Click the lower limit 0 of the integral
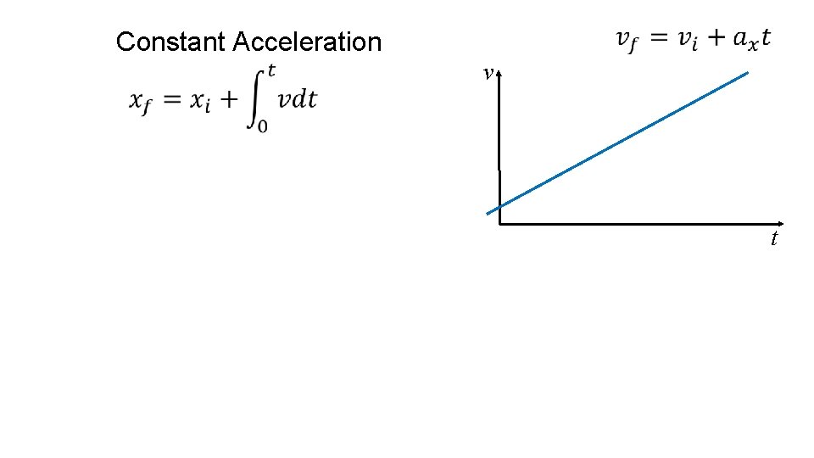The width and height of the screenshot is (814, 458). point(263,126)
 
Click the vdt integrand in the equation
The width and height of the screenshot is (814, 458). point(298,99)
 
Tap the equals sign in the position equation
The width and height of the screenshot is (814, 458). point(172,100)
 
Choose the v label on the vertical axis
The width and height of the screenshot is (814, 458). point(487,75)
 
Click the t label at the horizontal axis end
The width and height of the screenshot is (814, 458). point(774,239)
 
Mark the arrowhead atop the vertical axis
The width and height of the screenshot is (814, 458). point(500,75)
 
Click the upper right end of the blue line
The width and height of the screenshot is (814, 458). point(747,73)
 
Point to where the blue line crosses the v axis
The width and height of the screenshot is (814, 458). point(500,207)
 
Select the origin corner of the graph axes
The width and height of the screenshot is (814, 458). point(500,224)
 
